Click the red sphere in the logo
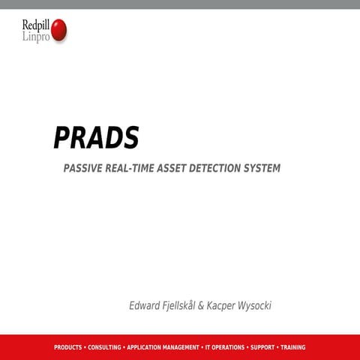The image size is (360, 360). point(58,30)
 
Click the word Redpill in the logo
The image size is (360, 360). point(37,25)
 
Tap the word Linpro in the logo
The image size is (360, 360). point(36,37)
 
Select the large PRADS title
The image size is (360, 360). point(96,138)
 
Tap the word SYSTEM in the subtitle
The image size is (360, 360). point(263,169)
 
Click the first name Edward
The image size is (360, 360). point(145,306)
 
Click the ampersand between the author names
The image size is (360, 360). point(211,306)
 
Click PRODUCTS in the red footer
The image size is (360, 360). point(68,347)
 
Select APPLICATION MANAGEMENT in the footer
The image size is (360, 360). point(163,347)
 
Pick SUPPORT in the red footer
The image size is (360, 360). point(262,347)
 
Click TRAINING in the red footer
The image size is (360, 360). point(292,347)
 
